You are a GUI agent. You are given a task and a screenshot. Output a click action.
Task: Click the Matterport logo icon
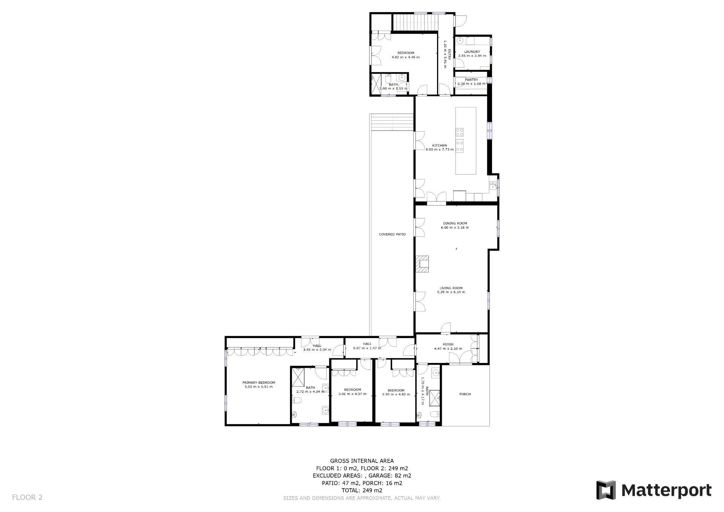(x=606, y=490)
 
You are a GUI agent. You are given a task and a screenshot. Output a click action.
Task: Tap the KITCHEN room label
(x=439, y=145)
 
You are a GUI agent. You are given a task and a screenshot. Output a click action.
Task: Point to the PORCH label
(x=465, y=394)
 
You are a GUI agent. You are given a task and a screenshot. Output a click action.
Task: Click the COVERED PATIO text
(x=392, y=234)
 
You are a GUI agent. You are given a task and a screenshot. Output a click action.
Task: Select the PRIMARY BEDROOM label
(x=259, y=383)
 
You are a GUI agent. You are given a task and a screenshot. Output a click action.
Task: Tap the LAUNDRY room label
(x=472, y=52)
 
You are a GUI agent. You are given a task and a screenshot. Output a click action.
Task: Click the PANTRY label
(x=471, y=80)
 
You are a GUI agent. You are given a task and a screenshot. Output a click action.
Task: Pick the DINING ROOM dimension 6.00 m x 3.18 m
(x=455, y=228)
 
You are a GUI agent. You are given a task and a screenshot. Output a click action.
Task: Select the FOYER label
(x=448, y=344)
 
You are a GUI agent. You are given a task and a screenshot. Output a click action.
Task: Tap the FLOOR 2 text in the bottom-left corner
(x=27, y=497)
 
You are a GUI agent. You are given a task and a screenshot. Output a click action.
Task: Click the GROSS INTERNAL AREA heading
(x=362, y=461)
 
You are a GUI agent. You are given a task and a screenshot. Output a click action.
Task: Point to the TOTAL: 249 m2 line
(x=362, y=490)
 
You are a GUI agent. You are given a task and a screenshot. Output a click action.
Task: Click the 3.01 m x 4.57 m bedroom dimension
(x=352, y=394)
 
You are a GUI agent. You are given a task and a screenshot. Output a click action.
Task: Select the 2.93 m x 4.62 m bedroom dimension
(x=396, y=394)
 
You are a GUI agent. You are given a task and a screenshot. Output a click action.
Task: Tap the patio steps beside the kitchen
(x=393, y=121)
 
